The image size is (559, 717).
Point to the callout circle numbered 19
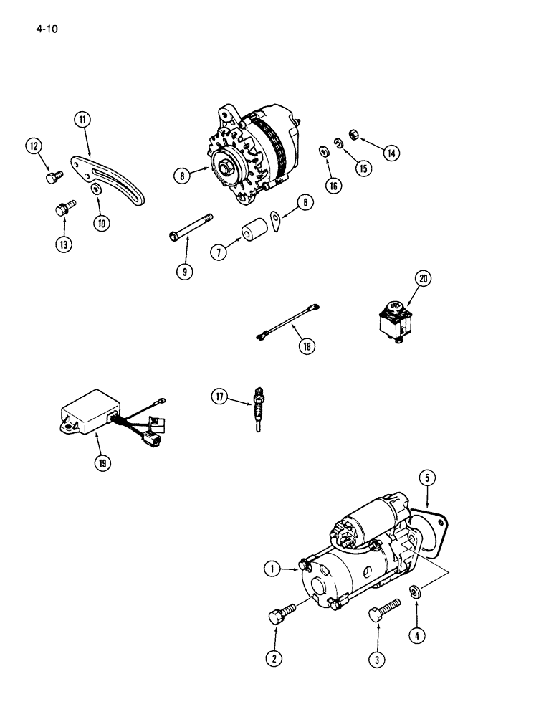pyautogui.click(x=103, y=462)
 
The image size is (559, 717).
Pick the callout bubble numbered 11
pyautogui.click(x=83, y=119)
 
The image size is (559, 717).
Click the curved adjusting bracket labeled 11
pyautogui.click(x=107, y=176)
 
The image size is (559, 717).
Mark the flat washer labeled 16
pyautogui.click(x=323, y=151)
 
